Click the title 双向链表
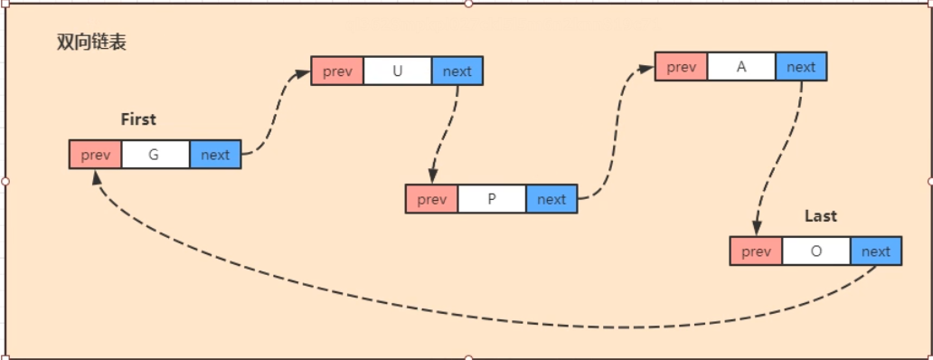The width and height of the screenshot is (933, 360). [x=90, y=43]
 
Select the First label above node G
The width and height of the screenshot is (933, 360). [x=137, y=119]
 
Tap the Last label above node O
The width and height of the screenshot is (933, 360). [x=820, y=216]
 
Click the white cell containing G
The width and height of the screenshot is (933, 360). [x=155, y=155]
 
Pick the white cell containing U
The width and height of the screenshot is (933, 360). [x=398, y=71]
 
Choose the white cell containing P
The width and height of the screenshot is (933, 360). [x=492, y=199]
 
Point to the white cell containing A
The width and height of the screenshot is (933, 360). [x=741, y=67]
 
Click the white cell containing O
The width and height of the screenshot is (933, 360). [x=816, y=251]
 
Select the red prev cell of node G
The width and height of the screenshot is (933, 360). [x=96, y=155]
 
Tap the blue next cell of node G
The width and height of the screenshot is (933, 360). [x=215, y=155]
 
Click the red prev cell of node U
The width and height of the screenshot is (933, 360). [x=337, y=71]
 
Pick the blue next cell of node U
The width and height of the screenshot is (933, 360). [x=457, y=71]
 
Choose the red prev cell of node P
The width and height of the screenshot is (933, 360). [x=432, y=199]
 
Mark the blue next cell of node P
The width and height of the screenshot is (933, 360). [x=551, y=199]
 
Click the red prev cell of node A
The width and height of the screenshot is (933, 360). [x=682, y=67]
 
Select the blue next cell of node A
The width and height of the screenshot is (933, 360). [x=801, y=67]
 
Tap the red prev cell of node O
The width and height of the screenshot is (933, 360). [x=756, y=251]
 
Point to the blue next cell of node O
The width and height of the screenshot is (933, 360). [x=876, y=251]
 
